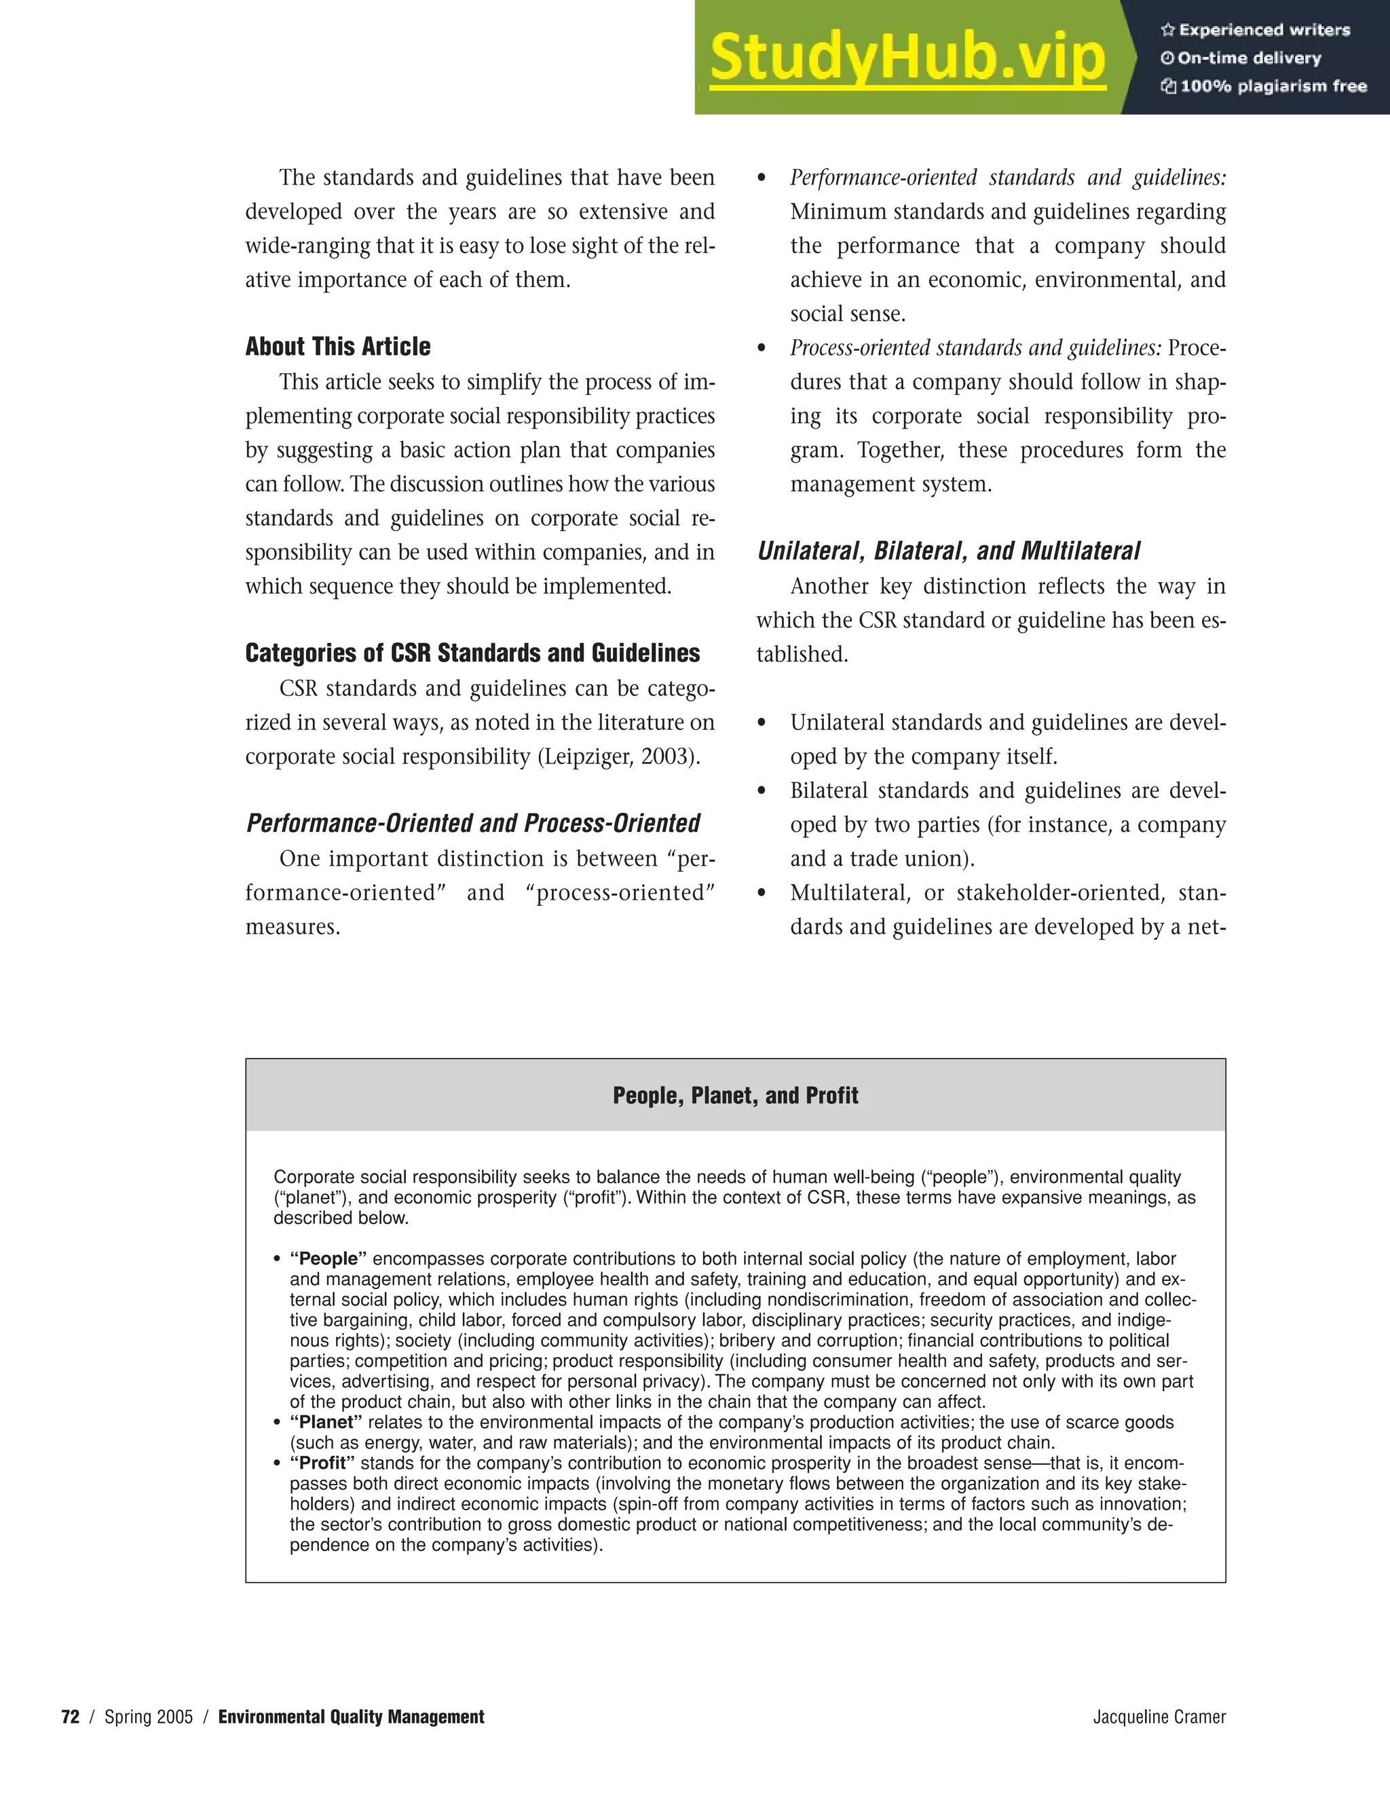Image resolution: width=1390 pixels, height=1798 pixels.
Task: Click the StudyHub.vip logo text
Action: click(x=907, y=58)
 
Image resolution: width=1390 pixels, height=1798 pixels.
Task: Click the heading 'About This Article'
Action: click(x=337, y=347)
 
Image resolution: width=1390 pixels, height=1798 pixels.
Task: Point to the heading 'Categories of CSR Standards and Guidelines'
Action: click(x=472, y=653)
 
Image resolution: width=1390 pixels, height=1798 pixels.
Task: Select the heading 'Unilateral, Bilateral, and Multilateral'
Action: click(x=949, y=551)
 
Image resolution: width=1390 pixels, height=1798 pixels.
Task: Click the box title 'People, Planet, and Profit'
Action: click(x=735, y=1096)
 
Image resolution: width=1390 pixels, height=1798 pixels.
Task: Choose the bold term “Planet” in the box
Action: click(x=326, y=1423)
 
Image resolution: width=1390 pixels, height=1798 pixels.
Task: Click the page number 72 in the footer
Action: click(x=71, y=1717)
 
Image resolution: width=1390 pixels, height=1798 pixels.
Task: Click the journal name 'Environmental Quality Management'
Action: click(x=351, y=1717)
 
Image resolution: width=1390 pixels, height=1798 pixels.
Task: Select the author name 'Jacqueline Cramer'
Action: click(x=1159, y=1717)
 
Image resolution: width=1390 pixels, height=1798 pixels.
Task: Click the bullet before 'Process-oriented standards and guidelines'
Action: click(x=762, y=349)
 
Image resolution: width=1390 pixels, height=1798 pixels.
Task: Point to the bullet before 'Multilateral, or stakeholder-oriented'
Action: click(x=762, y=894)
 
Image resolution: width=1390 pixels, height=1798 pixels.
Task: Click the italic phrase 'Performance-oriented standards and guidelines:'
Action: click(x=1008, y=178)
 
